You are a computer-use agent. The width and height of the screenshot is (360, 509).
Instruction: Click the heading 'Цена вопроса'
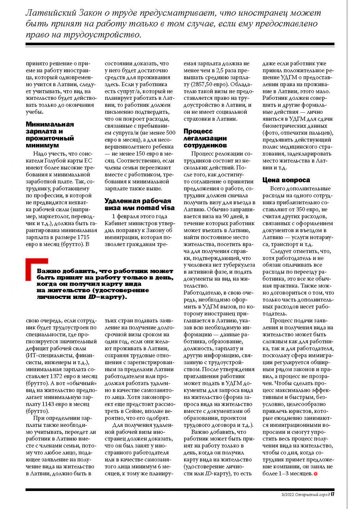(286, 180)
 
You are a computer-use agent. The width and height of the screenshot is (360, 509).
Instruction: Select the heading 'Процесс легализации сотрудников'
(205, 138)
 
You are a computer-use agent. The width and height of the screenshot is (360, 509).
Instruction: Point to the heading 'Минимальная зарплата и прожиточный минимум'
(50, 135)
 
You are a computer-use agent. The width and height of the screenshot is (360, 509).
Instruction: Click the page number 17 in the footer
(333, 494)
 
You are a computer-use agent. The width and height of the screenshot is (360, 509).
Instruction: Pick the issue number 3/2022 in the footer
(288, 494)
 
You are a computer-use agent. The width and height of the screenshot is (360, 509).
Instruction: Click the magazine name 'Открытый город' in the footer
(313, 494)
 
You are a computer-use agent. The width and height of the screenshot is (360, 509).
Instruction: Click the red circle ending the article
(316, 473)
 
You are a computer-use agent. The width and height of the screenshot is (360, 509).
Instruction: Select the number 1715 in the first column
(83, 237)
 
